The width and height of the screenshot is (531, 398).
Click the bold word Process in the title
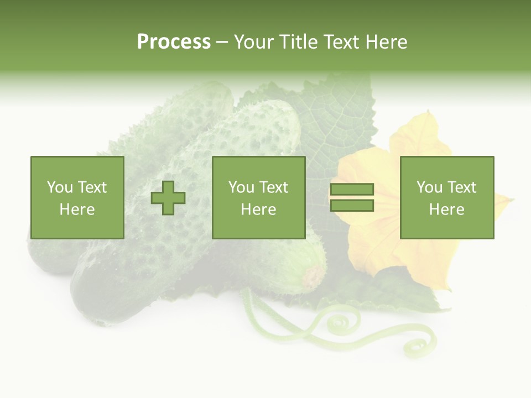[x=174, y=42]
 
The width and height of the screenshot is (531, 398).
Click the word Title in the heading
[x=298, y=42]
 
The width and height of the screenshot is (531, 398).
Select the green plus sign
[x=168, y=198]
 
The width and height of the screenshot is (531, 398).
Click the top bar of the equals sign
[x=352, y=189]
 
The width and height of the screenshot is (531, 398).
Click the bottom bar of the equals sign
[x=352, y=206]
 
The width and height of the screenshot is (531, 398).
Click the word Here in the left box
[x=77, y=210]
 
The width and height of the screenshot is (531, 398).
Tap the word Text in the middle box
[x=274, y=187]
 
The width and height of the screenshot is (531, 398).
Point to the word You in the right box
[x=429, y=187]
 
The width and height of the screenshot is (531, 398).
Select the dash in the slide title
[x=222, y=42]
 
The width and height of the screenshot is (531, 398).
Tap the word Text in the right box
[x=462, y=187]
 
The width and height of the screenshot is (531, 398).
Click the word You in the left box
[x=60, y=187]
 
